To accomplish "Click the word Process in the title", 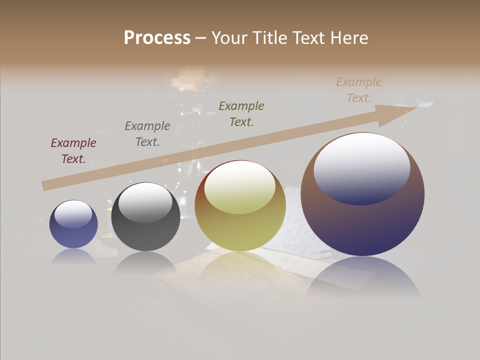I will click(157, 38).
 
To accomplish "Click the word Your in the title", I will click(230, 38).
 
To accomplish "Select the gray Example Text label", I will click(147, 134).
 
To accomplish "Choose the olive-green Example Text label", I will click(241, 113).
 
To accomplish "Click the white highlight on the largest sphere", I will click(362, 167).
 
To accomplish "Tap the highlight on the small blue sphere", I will click(73, 214).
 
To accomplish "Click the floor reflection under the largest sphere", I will click(362, 277).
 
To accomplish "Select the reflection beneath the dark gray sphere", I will click(145, 263).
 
